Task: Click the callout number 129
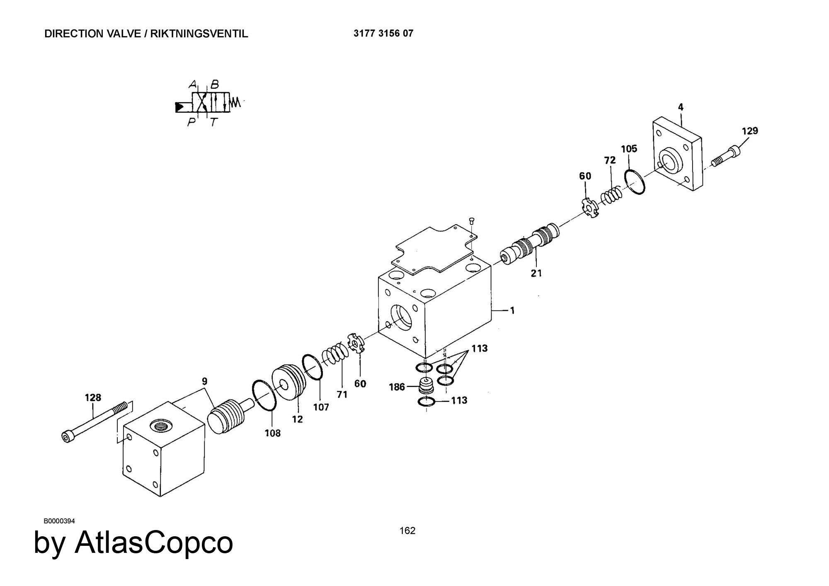750,131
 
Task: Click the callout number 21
536,273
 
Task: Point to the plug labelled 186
426,386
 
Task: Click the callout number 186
397,387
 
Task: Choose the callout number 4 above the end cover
681,107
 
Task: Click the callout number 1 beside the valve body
512,310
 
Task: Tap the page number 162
407,530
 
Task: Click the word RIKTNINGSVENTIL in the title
199,34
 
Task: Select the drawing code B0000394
59,521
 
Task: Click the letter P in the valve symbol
191,122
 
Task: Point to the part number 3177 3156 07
383,34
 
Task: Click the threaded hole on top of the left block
160,425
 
